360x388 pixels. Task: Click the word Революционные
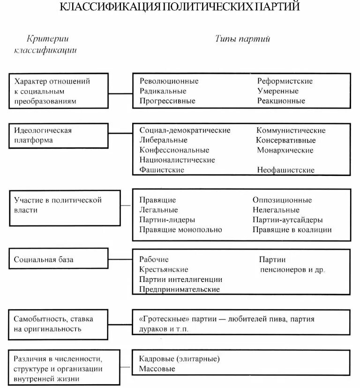pos(169,81)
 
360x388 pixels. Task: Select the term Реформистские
pos(285,81)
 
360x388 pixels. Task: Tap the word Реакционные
pos(281,101)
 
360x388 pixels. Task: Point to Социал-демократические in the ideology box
pos(185,130)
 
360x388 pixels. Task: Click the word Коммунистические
pos(291,130)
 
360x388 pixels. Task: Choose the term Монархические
pos(285,150)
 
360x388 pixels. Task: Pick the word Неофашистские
pos(285,170)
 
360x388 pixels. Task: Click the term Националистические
pos(177,160)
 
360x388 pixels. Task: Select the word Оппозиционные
pos(282,200)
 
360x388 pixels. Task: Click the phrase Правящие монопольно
pos(180,230)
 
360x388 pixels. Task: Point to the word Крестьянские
pos(164,269)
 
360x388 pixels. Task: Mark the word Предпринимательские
pos(180,289)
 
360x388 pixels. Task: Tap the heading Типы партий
pos(242,39)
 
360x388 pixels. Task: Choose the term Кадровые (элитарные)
pos(179,359)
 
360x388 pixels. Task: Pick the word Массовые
pos(157,369)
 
